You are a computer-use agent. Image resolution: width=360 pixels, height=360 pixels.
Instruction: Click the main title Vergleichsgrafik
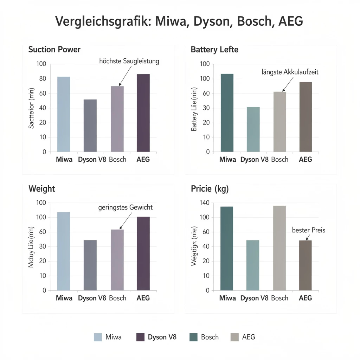tap(179, 22)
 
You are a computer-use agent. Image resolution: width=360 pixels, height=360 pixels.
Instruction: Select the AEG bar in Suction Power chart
tap(143, 113)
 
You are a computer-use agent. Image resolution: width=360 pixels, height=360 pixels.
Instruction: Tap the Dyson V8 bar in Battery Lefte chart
tap(253, 129)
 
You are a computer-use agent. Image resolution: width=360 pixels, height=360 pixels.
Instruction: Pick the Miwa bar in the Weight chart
tap(64, 251)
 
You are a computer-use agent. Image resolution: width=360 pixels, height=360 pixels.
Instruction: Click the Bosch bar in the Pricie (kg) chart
tap(279, 248)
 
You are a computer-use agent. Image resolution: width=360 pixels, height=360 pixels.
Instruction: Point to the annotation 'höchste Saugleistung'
tap(129, 61)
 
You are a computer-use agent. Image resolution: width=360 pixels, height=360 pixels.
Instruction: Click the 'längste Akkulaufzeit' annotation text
tap(290, 72)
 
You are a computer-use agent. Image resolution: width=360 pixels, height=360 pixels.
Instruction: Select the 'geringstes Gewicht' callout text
tap(125, 207)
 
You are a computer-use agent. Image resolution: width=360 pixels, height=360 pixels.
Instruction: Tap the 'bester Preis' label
tap(309, 230)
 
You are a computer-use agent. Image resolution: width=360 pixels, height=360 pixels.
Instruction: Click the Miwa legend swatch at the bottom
tap(98, 337)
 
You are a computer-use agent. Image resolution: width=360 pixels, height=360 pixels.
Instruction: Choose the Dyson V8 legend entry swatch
tap(140, 337)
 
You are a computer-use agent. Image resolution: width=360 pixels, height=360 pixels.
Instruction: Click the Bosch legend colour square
tap(193, 337)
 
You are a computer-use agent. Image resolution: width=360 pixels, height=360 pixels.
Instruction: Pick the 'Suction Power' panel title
tap(54, 50)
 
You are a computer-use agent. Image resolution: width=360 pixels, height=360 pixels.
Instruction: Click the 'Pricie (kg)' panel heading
tap(210, 189)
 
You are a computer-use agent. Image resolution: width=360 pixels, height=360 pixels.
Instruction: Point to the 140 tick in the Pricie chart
tap(205, 203)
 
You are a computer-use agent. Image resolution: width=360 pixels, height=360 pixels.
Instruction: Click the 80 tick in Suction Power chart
tap(42, 79)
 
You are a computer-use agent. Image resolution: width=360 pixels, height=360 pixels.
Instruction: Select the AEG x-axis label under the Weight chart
tap(143, 298)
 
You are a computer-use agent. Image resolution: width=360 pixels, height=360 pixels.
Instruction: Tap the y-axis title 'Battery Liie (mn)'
tap(194, 109)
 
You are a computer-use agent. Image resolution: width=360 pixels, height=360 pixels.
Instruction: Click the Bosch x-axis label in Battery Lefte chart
tap(279, 160)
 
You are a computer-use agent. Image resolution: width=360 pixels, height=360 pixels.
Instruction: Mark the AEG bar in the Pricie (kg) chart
tap(305, 265)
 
